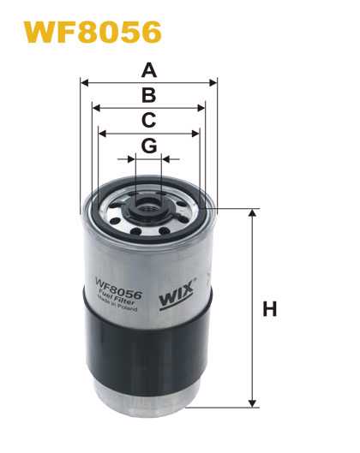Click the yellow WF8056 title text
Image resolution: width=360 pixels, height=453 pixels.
click(x=93, y=32)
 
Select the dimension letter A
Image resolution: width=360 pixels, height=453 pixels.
click(x=149, y=70)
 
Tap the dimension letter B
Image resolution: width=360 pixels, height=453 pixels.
click(x=149, y=95)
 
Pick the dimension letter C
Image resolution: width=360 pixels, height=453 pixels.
click(x=149, y=120)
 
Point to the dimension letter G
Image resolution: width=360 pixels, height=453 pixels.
click(x=149, y=146)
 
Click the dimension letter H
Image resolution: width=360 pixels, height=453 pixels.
click(x=269, y=309)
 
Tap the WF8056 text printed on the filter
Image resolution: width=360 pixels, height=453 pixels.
click(x=119, y=287)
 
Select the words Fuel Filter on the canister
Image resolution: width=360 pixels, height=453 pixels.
click(x=117, y=297)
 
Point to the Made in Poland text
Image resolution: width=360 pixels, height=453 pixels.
click(x=117, y=304)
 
